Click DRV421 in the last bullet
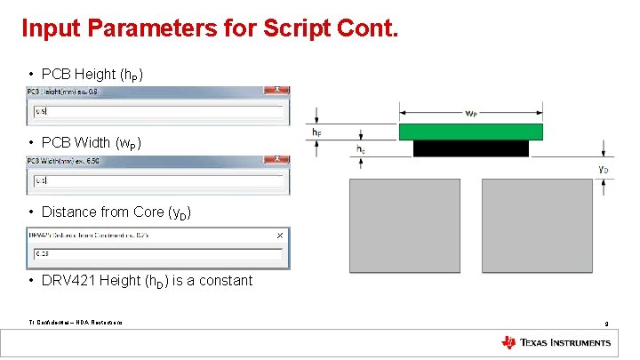point(68,281)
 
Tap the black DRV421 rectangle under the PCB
point(470,148)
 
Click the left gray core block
point(404,228)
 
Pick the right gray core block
point(536,228)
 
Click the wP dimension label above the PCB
point(470,113)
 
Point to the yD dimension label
point(603,168)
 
